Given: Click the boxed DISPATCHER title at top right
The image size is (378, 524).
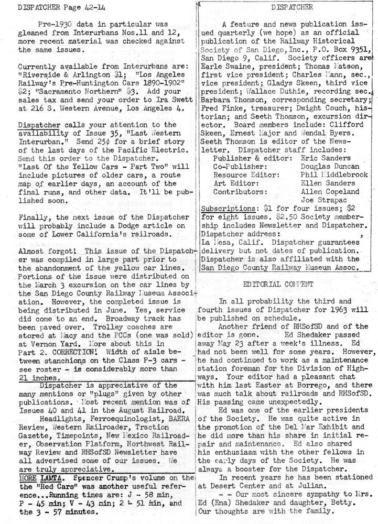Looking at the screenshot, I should [285, 7].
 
